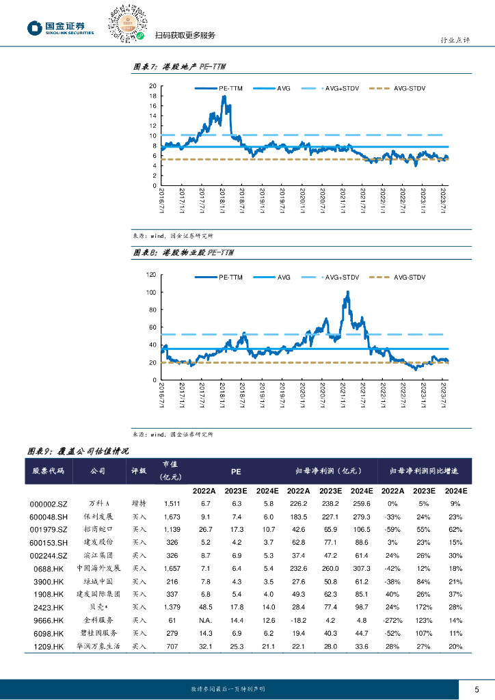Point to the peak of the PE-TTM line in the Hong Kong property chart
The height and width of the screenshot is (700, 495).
(224, 97)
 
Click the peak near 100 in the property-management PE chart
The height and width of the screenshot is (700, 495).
(348, 292)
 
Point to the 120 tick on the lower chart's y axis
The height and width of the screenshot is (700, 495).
(151, 275)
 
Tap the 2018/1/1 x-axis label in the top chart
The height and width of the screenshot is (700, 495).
(224, 202)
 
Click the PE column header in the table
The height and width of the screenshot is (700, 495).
(235, 471)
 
